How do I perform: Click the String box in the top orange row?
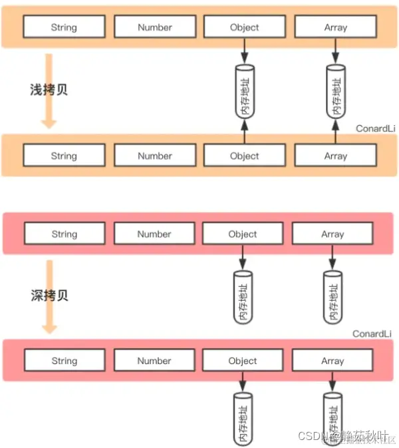[64, 27]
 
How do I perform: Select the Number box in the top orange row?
[154, 27]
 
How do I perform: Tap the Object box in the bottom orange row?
[244, 156]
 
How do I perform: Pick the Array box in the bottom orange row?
[335, 156]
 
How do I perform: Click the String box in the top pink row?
[64, 234]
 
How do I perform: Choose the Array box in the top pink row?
[332, 234]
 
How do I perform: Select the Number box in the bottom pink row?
[154, 361]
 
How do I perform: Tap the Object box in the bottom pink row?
[243, 361]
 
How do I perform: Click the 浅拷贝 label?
[49, 89]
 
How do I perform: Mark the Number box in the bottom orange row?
[154, 156]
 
